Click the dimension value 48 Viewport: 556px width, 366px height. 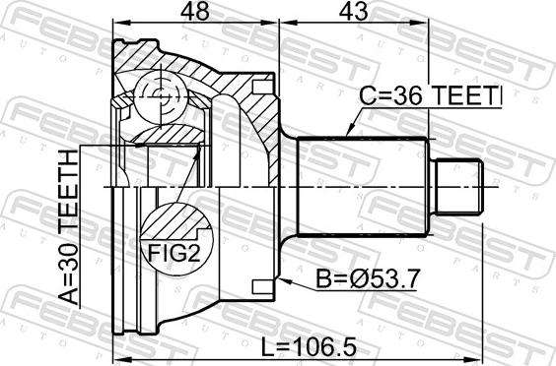pos(194,12)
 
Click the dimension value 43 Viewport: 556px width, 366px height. pos(353,12)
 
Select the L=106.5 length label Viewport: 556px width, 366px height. pos(309,347)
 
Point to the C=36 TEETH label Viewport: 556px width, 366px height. pos(431,96)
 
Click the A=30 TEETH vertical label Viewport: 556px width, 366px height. pos(67,227)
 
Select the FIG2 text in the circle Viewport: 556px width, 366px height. pos(174,253)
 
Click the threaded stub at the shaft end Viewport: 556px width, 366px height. pos(457,187)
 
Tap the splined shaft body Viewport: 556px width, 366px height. pos(363,187)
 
